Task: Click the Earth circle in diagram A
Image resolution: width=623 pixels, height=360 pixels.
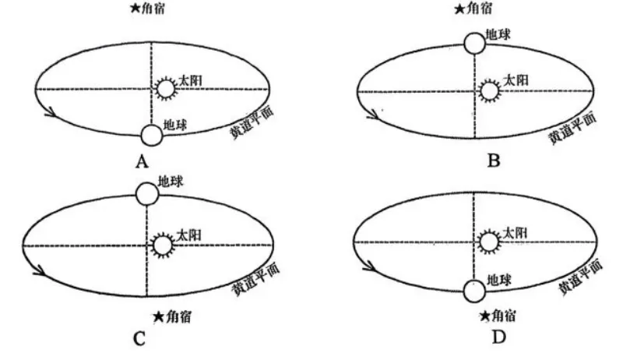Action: (152, 135)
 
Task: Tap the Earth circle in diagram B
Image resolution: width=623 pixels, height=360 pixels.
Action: (473, 44)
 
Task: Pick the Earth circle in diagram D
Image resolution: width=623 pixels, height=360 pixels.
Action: (473, 291)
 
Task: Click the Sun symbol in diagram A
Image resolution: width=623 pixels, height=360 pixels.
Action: (165, 87)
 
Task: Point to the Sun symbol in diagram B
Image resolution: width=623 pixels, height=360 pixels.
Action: (489, 90)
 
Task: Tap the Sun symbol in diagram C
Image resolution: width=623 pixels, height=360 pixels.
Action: (162, 245)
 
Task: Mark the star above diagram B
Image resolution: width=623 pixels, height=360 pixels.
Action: (459, 9)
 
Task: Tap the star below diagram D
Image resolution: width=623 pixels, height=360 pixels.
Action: (484, 316)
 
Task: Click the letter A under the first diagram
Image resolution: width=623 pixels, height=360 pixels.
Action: (142, 161)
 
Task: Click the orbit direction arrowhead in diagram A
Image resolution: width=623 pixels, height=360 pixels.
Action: (51, 115)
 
